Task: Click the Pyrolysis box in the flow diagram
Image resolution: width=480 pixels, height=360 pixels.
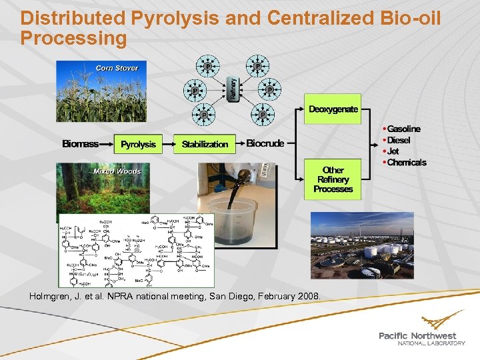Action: pos(139,144)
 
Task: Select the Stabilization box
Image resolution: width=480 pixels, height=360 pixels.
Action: pos(205,144)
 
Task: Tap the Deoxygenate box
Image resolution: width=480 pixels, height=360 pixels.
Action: pos(333,109)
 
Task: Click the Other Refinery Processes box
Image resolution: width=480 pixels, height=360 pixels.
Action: pos(333,179)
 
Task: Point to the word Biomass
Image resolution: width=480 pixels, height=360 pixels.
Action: pos(81,144)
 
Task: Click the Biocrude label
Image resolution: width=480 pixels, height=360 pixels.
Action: pos(265,143)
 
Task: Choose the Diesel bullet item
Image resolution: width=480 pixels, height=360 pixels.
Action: pos(398,140)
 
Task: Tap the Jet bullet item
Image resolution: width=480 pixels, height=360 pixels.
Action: pos(393,151)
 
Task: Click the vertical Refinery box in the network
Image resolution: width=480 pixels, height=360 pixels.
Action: pos(233,89)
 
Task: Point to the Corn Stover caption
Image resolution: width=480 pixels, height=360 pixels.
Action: pos(117,68)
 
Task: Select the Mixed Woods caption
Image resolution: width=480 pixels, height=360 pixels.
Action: pos(117,171)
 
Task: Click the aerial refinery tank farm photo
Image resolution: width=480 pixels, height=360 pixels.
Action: pos(361,245)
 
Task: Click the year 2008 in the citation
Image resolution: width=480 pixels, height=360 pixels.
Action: pos(307,295)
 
